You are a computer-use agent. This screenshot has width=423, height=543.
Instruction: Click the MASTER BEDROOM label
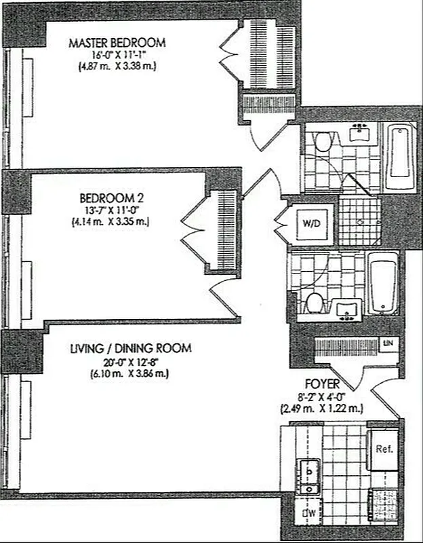pyautogui.click(x=117, y=43)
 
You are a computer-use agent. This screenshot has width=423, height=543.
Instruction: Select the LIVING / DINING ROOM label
pyautogui.click(x=131, y=348)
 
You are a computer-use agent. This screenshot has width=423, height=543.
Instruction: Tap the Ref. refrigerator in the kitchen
pyautogui.click(x=384, y=449)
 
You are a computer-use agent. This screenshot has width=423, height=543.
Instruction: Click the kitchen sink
pyautogui.click(x=310, y=476)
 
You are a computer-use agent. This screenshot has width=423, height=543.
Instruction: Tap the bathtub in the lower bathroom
pyautogui.click(x=384, y=284)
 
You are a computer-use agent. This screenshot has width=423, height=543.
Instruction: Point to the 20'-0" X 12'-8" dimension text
pyautogui.click(x=131, y=361)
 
